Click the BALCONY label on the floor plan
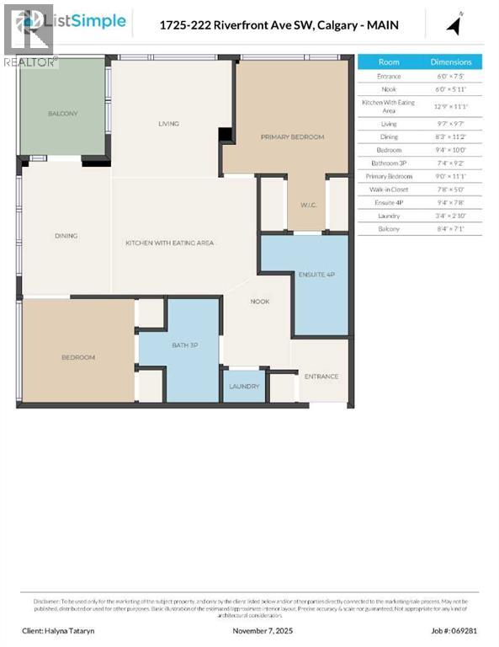[62, 114]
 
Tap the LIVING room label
[169, 124]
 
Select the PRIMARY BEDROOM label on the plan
[292, 136]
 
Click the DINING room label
[66, 236]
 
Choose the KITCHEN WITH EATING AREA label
[170, 243]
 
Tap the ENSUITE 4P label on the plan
[316, 275]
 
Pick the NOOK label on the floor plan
[259, 301]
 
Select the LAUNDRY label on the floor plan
[244, 387]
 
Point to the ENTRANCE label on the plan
[321, 376]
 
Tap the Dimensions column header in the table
[451, 61]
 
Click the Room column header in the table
[389, 61]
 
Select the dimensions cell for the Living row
[451, 124]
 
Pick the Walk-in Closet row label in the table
[389, 189]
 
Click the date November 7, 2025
[262, 630]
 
